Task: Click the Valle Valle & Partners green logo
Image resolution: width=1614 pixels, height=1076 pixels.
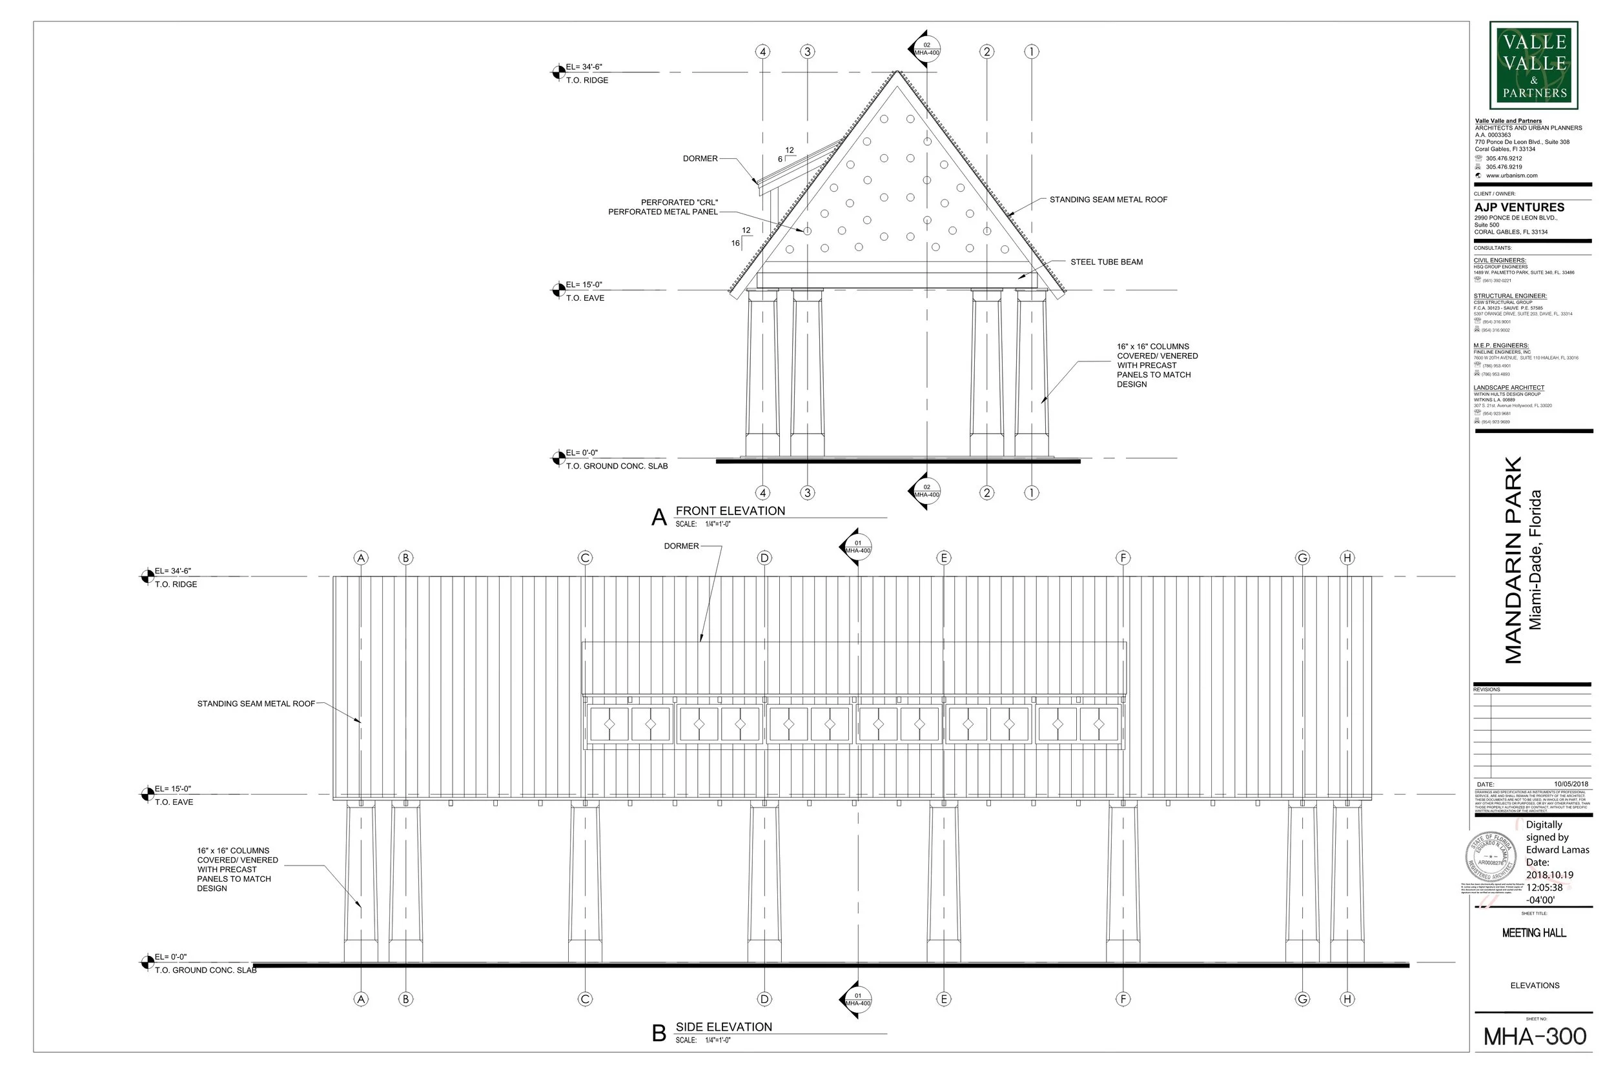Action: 1534,65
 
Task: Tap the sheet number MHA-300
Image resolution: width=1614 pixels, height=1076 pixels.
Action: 1535,1036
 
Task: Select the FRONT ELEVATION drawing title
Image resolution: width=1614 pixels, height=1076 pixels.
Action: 730,511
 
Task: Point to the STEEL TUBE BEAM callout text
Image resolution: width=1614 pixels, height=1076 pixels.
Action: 1106,262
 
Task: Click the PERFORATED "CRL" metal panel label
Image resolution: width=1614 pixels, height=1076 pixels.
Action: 663,207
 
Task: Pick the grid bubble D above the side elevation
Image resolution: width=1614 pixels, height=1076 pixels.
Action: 764,558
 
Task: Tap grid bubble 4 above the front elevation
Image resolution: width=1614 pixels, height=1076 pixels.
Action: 762,52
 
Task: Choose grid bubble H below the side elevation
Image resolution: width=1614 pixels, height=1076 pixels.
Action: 1347,999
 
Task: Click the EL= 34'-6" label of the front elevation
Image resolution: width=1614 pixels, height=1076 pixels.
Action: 584,67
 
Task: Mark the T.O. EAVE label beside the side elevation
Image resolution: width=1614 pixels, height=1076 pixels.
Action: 174,802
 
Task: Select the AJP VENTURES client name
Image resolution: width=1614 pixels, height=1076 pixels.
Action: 1519,207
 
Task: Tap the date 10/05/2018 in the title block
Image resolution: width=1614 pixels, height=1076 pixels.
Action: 1571,784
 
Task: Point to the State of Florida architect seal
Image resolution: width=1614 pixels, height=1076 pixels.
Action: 1492,858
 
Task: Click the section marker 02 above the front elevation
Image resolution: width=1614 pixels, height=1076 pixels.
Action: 926,48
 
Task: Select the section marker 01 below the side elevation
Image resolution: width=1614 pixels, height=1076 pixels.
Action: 857,999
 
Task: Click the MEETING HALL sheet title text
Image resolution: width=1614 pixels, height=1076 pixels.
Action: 1534,933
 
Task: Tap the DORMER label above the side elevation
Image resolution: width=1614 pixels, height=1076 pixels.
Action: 681,546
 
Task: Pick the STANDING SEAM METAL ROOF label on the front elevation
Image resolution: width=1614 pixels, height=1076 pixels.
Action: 1108,199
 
